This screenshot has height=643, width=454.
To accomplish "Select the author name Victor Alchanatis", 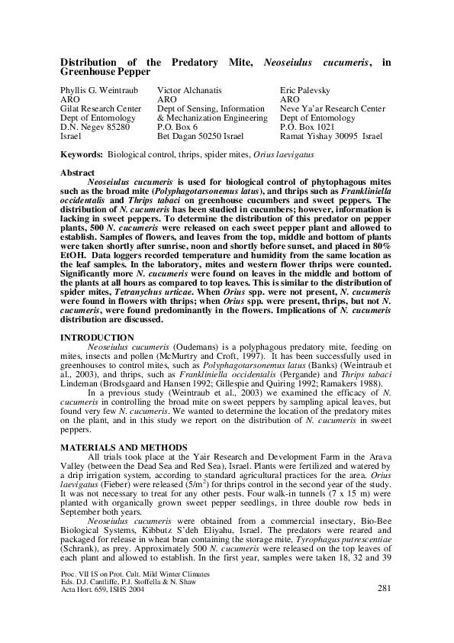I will click(x=190, y=90).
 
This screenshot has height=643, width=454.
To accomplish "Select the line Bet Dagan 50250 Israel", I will click(x=200, y=136).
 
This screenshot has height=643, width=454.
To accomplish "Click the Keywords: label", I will click(x=82, y=154).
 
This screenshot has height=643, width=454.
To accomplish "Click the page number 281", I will click(x=385, y=588).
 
